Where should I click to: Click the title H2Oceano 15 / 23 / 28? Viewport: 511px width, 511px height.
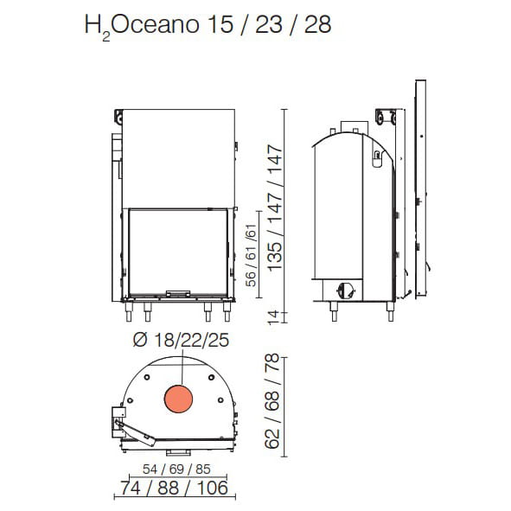click(x=208, y=25)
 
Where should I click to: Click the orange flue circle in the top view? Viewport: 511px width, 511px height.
click(x=179, y=399)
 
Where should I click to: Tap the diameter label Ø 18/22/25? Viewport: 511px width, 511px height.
click(x=182, y=340)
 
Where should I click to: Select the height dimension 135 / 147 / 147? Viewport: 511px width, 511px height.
click(x=274, y=208)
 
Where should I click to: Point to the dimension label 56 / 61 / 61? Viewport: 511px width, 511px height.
click(x=251, y=256)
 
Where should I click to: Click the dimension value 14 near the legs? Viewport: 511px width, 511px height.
click(x=274, y=316)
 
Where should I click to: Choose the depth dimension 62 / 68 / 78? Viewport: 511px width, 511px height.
click(x=272, y=401)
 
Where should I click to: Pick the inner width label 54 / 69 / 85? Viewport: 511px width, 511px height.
click(x=176, y=469)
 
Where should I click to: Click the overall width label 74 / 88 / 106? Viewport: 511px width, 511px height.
click(x=174, y=488)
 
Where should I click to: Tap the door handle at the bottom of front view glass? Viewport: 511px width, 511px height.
click(x=178, y=294)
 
